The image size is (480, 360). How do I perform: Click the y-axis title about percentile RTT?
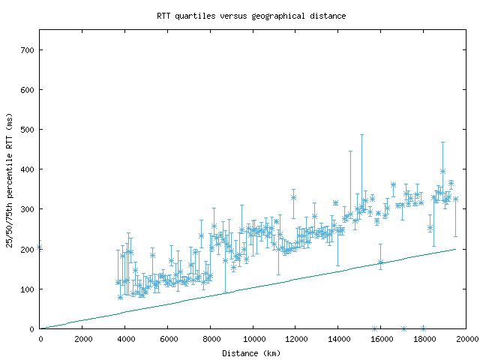(x=10, y=179)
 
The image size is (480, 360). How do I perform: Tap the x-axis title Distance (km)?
(x=252, y=352)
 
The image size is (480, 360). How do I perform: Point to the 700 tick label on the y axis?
(x=28, y=50)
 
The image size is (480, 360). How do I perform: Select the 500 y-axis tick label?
(x=28, y=130)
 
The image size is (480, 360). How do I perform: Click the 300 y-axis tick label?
(x=28, y=209)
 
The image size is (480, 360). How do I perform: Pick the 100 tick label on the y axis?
(x=28, y=289)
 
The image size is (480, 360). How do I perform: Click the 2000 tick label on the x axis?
(x=82, y=339)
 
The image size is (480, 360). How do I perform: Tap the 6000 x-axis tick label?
(x=168, y=339)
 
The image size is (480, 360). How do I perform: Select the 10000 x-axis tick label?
(x=253, y=339)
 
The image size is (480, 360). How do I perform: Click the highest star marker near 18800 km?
(x=442, y=172)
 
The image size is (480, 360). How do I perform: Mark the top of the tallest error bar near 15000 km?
(x=361, y=135)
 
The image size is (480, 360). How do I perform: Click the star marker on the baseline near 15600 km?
(x=374, y=328)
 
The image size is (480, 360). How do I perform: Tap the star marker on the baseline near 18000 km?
(x=424, y=328)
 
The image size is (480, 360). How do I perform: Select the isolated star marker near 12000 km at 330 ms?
(x=293, y=197)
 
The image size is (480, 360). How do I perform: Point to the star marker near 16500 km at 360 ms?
(x=393, y=184)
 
